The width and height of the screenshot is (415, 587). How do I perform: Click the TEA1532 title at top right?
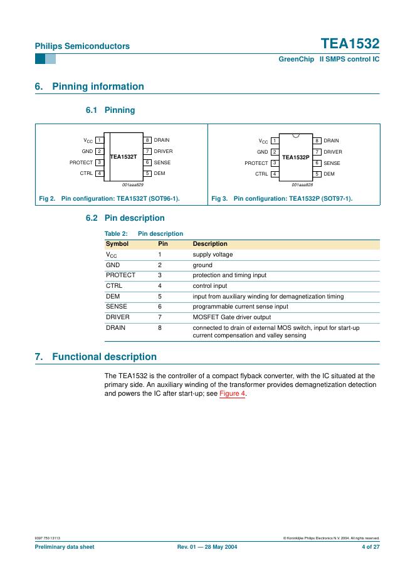coord(350,44)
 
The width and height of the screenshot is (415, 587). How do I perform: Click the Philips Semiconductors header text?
coord(82,46)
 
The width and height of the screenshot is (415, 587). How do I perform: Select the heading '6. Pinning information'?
coord(89,87)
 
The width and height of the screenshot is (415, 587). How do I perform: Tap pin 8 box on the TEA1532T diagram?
coord(147,140)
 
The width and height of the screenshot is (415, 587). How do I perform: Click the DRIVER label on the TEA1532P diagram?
coord(333,152)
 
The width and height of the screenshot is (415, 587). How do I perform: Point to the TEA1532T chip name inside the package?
coord(123,156)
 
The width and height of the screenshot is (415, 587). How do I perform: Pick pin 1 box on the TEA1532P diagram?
coord(275,141)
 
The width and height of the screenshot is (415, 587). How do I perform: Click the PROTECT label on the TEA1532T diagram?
coord(81,162)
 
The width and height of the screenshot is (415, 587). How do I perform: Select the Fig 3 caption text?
coord(282,199)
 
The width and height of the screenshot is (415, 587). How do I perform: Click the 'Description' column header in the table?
coord(210,244)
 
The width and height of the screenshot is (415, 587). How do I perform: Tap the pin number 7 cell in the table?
coord(160,317)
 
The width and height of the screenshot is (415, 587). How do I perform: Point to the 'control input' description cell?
coord(210,285)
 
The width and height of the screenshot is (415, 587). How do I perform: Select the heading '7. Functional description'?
coord(95,357)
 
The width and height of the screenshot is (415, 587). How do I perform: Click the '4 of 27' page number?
coord(370,547)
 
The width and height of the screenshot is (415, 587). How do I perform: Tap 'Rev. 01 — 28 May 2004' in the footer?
coord(208,547)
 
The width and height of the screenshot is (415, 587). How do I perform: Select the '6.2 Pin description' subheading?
coord(125,218)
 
